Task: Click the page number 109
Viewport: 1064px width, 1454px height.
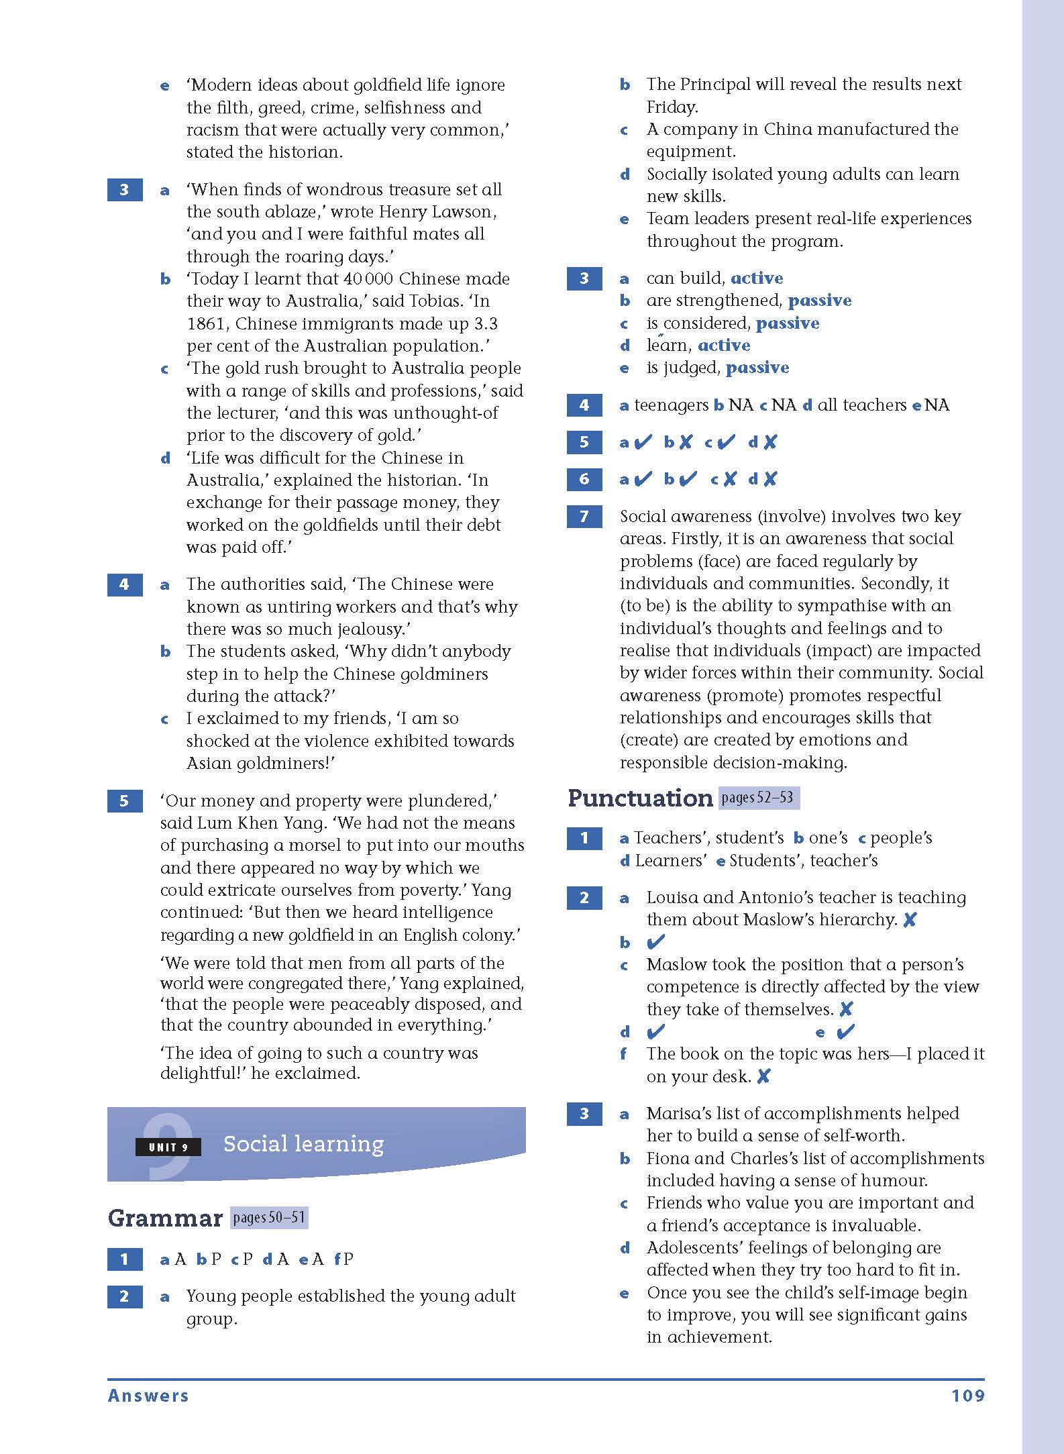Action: (x=967, y=1396)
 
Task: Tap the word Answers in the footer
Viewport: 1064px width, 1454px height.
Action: (x=148, y=1396)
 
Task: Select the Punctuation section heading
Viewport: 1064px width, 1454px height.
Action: (x=639, y=798)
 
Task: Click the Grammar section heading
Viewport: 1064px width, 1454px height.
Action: (x=165, y=1218)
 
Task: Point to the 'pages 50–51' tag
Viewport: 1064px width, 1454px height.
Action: (x=269, y=1217)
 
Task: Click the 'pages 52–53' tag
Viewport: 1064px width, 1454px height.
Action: (x=758, y=797)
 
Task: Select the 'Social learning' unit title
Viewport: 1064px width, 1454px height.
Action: (x=303, y=1143)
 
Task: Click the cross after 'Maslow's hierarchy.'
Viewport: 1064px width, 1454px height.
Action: (x=910, y=920)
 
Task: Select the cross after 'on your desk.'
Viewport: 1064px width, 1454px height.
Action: (x=763, y=1076)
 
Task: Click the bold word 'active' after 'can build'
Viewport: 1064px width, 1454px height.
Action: (x=757, y=278)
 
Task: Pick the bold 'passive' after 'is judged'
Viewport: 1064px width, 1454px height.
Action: (x=757, y=368)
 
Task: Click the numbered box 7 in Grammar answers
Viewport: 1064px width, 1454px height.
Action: (x=584, y=517)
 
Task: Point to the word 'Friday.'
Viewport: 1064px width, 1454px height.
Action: (x=672, y=107)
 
